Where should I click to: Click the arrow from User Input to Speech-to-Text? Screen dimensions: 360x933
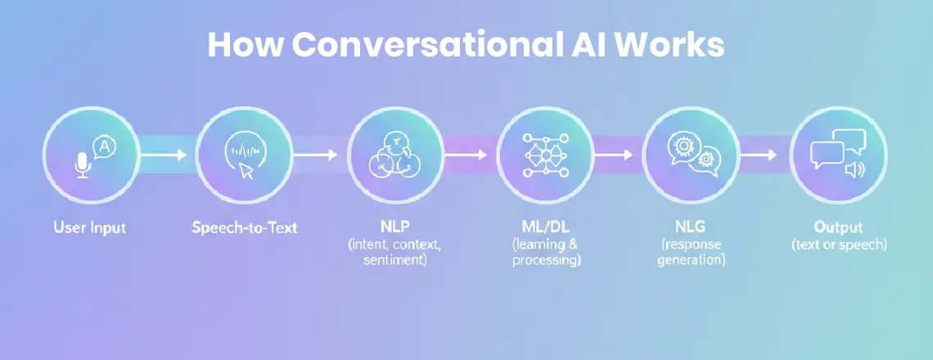pyautogui.click(x=164, y=153)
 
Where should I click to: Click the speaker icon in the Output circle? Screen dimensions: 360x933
pyautogui.click(x=854, y=169)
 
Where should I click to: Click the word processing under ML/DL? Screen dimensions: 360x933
pyautogui.click(x=547, y=260)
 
